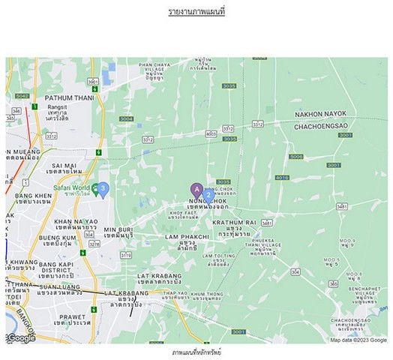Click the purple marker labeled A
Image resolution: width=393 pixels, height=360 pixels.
pos(196,190)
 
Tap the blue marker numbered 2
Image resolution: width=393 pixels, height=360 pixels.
pos(208,195)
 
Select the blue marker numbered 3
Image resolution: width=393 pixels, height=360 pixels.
pos(103,188)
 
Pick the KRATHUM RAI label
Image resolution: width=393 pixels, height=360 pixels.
pos(235,223)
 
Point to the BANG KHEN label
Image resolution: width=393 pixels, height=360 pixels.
pos(33,196)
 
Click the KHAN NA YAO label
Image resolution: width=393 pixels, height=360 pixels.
pos(76,221)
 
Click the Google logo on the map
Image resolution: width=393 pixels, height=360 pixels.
pos(22,338)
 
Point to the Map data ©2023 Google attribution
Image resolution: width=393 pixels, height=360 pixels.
pos(358,340)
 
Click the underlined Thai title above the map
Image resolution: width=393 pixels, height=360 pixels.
pos(196,13)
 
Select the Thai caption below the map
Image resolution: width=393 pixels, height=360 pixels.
pos(196,352)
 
